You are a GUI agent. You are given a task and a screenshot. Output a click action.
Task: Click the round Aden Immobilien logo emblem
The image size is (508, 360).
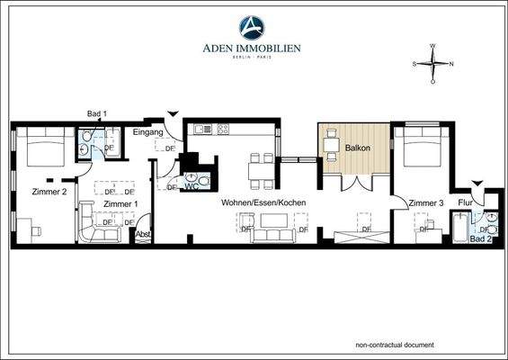[252, 28]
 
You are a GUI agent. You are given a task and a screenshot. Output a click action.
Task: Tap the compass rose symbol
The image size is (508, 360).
[432, 64]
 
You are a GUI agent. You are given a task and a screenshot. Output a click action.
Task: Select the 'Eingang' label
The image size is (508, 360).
[147, 133]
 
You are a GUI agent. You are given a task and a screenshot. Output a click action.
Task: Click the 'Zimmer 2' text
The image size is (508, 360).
[49, 193]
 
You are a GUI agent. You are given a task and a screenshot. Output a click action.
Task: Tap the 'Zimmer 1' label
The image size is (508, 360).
[120, 204]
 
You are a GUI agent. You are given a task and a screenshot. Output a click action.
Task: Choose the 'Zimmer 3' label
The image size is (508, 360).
[425, 203]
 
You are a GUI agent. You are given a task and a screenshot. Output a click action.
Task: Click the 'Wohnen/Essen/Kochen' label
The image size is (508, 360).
[265, 203]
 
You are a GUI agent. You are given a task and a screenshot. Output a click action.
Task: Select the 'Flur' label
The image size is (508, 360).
[466, 202]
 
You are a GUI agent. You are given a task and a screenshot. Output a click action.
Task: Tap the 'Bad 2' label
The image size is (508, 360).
[482, 238]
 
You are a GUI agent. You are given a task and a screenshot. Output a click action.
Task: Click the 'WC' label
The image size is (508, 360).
[191, 186]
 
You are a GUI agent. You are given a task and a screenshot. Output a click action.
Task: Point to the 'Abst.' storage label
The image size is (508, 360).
[142, 234]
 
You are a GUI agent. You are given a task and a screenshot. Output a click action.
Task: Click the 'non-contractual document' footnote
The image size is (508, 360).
[394, 345]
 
